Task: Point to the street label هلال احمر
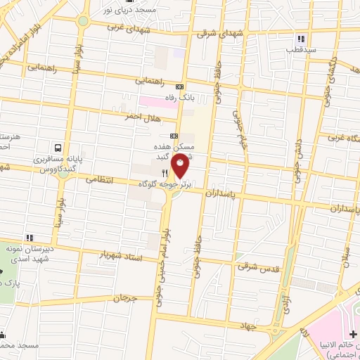tap(141, 116)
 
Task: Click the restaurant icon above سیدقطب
tap(301, 39)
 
